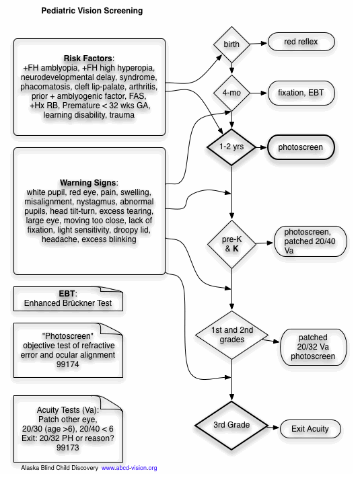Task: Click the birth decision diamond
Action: click(231, 44)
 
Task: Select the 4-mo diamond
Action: click(231, 93)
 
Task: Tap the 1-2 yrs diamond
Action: click(231, 147)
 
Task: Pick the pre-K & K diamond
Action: click(231, 244)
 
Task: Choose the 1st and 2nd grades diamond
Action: click(231, 335)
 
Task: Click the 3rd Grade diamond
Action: click(231, 425)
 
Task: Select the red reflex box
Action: click(301, 42)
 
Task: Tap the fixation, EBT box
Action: click(301, 93)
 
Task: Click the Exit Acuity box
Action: click(310, 429)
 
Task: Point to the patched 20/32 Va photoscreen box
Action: click(313, 347)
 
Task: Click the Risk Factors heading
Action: click(89, 58)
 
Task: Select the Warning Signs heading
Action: click(89, 183)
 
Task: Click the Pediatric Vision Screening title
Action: click(92, 11)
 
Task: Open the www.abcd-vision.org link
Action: click(129, 468)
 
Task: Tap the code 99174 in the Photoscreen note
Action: click(68, 364)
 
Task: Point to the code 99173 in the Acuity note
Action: click(68, 448)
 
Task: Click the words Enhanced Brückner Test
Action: click(68, 303)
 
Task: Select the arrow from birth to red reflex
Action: click(258, 43)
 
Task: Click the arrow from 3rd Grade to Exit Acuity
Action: click(274, 428)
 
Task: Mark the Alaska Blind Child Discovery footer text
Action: click(59, 468)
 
